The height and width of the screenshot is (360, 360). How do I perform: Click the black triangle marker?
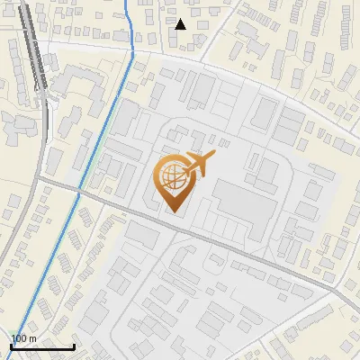(x=181, y=24)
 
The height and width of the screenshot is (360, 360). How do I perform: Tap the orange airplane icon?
(x=198, y=165)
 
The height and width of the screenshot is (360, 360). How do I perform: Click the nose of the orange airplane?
(x=214, y=156)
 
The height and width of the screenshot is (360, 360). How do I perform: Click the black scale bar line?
(x=41, y=346)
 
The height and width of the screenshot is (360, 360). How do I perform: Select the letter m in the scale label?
(x=33, y=338)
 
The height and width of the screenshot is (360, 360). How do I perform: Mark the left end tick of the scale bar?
(x=10, y=345)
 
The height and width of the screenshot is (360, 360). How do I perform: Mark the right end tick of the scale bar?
(x=74, y=345)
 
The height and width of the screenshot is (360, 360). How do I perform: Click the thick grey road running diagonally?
(x=225, y=244)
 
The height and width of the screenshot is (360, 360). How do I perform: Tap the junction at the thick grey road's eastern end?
(x=334, y=288)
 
